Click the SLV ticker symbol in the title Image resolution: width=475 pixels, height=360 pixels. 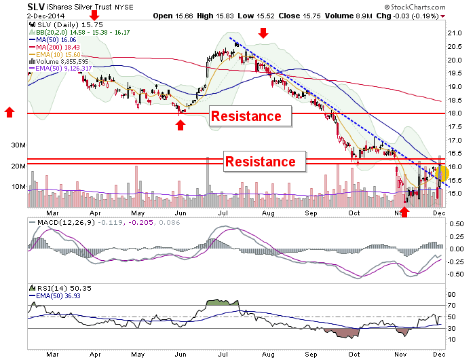[x=36, y=7]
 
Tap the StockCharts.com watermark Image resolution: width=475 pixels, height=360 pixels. [x=415, y=7]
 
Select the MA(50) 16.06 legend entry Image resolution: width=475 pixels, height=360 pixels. [x=53, y=39]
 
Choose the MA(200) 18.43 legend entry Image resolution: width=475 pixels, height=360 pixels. [x=54, y=48]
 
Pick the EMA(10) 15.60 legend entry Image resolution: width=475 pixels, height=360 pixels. [x=55, y=55]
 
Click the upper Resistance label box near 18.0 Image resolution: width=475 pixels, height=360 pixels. [x=250, y=116]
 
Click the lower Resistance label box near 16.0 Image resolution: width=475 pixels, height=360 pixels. [x=265, y=162]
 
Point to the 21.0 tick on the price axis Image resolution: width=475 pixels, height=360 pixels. [x=455, y=33]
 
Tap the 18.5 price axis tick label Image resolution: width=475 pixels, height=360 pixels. [x=455, y=100]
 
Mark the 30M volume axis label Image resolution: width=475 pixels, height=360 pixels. [x=18, y=145]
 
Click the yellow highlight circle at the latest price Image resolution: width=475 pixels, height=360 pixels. [x=443, y=174]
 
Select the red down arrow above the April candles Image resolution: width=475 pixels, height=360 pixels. [x=94, y=15]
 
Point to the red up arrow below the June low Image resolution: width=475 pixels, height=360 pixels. [x=180, y=125]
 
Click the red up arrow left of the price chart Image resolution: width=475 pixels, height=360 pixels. [x=9, y=112]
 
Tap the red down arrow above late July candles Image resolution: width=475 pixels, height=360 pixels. [x=263, y=33]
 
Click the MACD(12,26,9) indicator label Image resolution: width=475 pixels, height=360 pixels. [x=66, y=222]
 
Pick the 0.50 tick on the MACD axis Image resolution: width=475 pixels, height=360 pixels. [x=456, y=224]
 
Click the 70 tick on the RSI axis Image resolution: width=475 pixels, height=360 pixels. [x=452, y=306]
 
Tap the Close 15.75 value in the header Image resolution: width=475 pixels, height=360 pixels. [x=299, y=16]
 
